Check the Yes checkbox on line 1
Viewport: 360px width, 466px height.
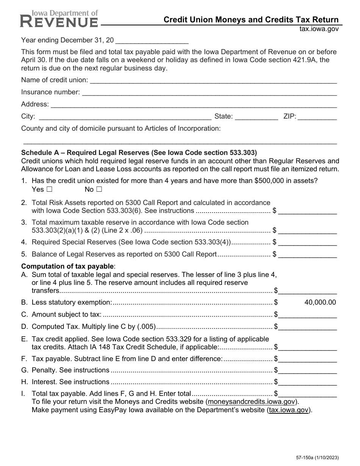[x=49, y=189]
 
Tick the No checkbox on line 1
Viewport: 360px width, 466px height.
[x=99, y=189]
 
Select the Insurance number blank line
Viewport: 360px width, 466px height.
[x=209, y=92]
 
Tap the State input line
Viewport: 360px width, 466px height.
[x=257, y=117]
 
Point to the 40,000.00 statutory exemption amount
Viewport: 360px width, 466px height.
[x=320, y=302]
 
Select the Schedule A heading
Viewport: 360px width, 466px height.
[x=139, y=153]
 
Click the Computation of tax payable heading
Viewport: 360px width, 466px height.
[x=68, y=266]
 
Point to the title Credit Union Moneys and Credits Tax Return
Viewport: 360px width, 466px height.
[x=251, y=20]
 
